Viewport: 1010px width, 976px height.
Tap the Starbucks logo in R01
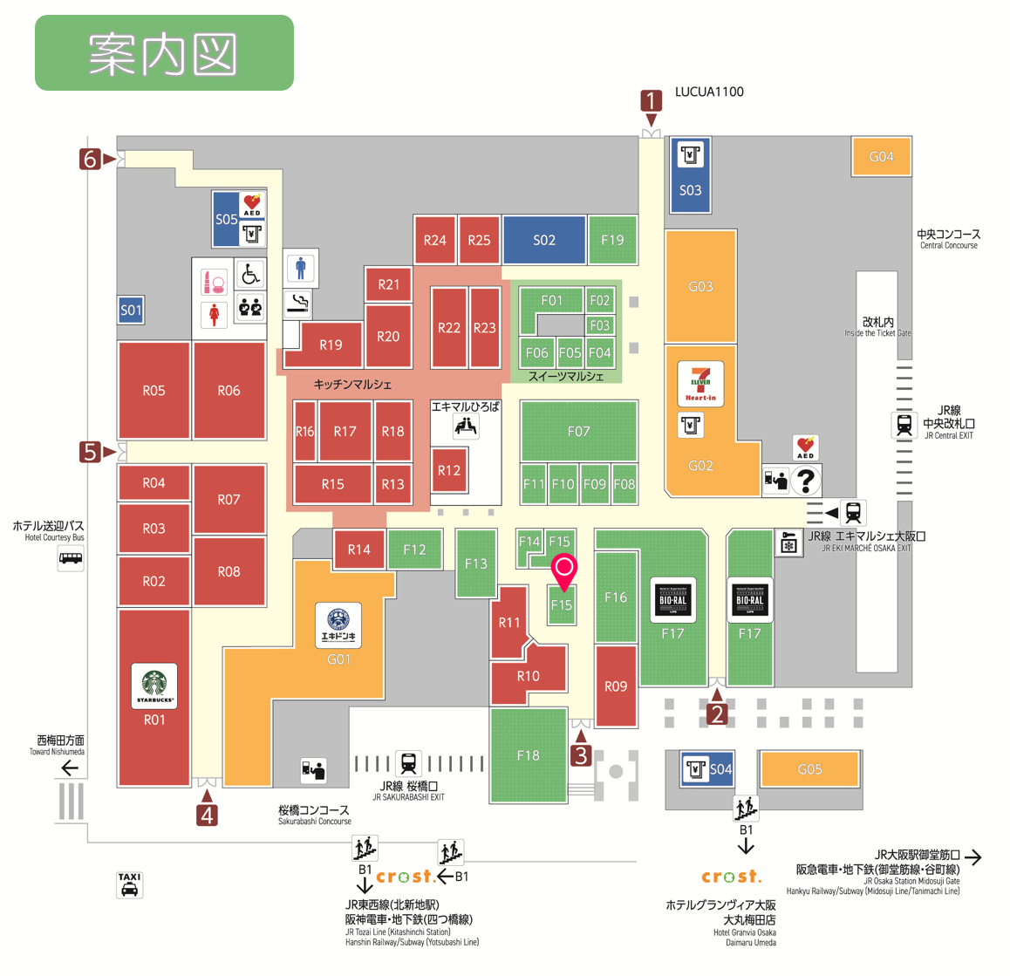pyautogui.click(x=154, y=686)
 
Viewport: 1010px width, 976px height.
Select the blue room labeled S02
pyautogui.click(x=543, y=240)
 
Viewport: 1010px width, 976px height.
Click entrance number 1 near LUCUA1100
pyautogui.click(x=651, y=101)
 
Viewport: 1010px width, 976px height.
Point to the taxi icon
pyautogui.click(x=129, y=884)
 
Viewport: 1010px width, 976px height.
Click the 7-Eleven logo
pyautogui.click(x=700, y=383)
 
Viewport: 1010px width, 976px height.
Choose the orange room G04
pyautogui.click(x=881, y=157)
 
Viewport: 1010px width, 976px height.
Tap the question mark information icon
pyautogui.click(x=806, y=480)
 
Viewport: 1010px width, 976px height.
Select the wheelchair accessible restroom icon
pyautogui.click(x=251, y=276)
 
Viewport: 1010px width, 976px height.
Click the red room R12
pyautogui.click(x=449, y=471)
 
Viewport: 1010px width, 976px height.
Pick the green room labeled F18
pyautogui.click(x=528, y=755)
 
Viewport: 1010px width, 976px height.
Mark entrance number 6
pyautogui.click(x=90, y=159)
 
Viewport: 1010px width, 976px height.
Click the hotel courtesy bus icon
pyautogui.click(x=71, y=558)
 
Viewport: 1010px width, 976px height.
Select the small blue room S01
pyautogui.click(x=131, y=310)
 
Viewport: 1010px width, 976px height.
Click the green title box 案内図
pyautogui.click(x=164, y=53)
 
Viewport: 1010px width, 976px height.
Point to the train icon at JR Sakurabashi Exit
pyautogui.click(x=408, y=763)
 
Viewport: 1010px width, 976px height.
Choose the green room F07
pyautogui.click(x=578, y=431)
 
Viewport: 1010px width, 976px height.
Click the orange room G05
pyautogui.click(x=809, y=769)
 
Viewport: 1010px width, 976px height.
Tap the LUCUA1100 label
pyautogui.click(x=709, y=92)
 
